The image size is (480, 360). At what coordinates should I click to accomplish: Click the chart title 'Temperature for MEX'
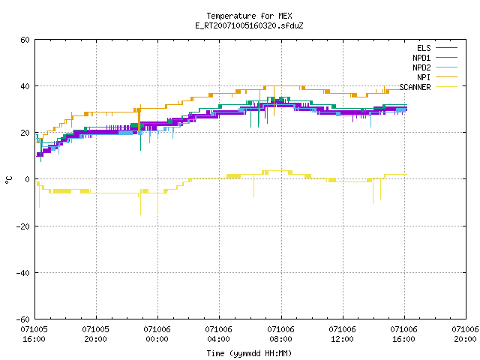coord(249,16)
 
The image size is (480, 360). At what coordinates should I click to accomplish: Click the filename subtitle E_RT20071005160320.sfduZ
coord(249,25)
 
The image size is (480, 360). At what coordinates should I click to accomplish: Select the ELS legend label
coord(424,48)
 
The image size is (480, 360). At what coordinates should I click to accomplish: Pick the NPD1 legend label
coord(421,58)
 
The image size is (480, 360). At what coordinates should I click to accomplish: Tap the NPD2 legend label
coord(421,67)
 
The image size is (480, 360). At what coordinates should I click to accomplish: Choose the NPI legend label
coord(424,77)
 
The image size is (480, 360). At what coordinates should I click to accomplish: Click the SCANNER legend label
coord(415,87)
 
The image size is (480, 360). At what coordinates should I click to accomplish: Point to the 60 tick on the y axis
coord(25,40)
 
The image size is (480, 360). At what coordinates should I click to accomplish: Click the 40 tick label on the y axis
coord(25,86)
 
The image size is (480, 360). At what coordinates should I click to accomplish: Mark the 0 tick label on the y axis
coord(28,179)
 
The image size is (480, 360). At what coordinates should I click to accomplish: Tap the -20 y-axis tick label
coord(23,226)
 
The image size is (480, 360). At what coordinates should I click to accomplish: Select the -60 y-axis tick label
coord(23,319)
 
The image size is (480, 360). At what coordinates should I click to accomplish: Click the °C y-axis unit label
coord(8,180)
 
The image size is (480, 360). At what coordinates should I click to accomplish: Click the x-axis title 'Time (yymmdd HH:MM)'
coord(249,353)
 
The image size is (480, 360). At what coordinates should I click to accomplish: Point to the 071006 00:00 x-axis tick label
coord(157,334)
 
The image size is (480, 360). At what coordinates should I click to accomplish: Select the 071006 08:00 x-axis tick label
coord(280,334)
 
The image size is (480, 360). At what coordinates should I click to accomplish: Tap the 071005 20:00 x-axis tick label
coord(95,334)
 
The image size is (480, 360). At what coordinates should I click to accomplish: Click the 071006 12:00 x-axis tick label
coord(342,334)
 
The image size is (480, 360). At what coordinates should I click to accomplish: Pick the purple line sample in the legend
coord(447,48)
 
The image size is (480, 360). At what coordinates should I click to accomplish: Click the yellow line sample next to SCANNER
coord(447,87)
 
